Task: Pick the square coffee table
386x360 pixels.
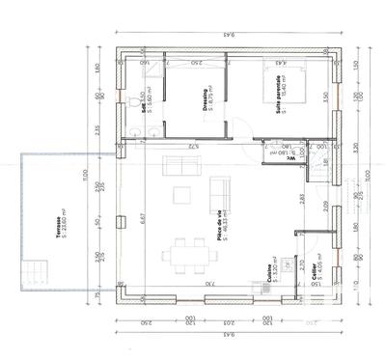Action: (x=183, y=194)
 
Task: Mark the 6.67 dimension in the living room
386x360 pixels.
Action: (x=142, y=218)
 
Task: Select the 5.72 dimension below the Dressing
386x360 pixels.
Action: (x=193, y=146)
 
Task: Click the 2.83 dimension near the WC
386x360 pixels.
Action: (x=302, y=199)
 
